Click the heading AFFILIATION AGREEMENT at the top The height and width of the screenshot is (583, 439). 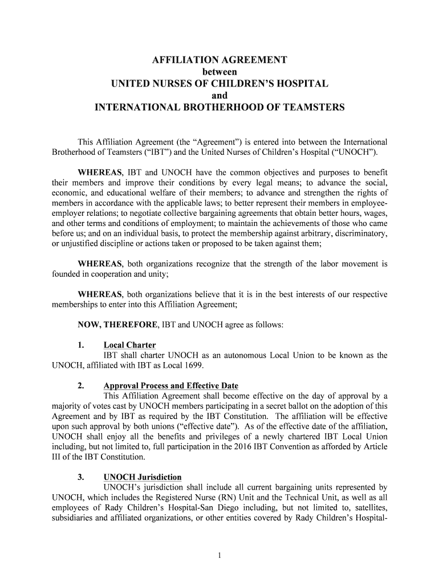pyautogui.click(x=219, y=60)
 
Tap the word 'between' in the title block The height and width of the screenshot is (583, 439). pyautogui.click(x=219, y=72)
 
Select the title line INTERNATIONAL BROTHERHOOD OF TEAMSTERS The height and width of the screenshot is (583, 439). pyautogui.click(x=219, y=107)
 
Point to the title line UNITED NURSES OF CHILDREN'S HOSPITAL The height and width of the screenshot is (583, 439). pyautogui.click(x=219, y=84)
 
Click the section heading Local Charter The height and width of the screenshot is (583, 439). pyautogui.click(x=129, y=345)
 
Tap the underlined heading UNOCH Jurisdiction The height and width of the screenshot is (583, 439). pyautogui.click(x=143, y=477)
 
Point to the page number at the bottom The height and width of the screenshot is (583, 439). pyautogui.click(x=219, y=556)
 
